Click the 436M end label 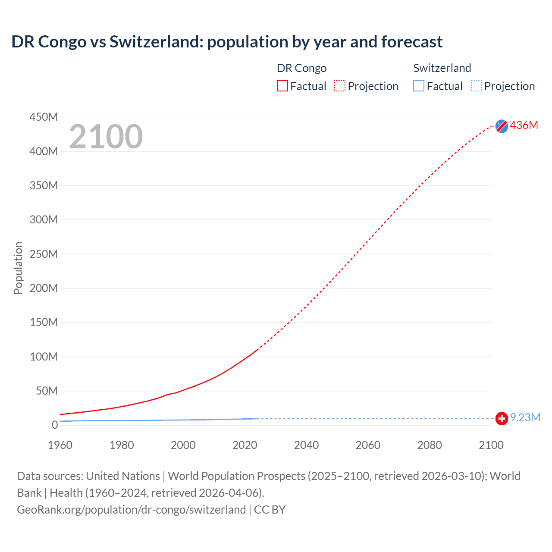[x=524, y=125]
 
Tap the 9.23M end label [x=525, y=417]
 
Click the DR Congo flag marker [x=502, y=126]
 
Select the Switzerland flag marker [x=502, y=418]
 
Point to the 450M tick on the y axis [x=43, y=117]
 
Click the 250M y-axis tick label [x=43, y=254]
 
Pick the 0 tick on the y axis [x=54, y=425]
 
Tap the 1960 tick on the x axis [x=60, y=445]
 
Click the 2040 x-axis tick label [x=306, y=445]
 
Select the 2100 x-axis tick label [x=491, y=445]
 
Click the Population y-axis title [x=18, y=268]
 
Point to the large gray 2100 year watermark [x=106, y=137]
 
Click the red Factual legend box [x=282, y=86]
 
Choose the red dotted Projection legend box [x=340, y=86]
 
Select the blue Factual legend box [x=419, y=86]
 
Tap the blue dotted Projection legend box [x=476, y=86]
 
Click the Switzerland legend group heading [x=442, y=68]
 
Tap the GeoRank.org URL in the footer [x=131, y=509]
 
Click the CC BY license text [x=270, y=509]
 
